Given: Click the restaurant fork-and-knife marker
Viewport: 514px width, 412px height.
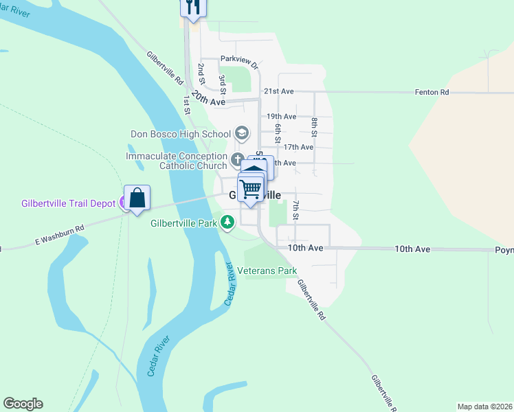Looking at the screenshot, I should [193, 8].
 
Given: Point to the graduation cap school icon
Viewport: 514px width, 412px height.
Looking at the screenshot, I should [241, 133].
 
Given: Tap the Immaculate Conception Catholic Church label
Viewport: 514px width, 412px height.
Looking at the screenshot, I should [176, 161].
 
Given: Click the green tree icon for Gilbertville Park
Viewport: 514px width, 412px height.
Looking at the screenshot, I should [227, 222].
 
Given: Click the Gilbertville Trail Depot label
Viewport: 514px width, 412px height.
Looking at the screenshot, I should [69, 203].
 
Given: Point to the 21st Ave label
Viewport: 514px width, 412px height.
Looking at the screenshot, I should [279, 91].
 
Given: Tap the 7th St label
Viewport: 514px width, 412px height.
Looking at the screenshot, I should [295, 210].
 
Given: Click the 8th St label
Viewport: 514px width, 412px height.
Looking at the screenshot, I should [314, 128].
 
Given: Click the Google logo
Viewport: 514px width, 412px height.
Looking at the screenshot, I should [23, 404].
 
